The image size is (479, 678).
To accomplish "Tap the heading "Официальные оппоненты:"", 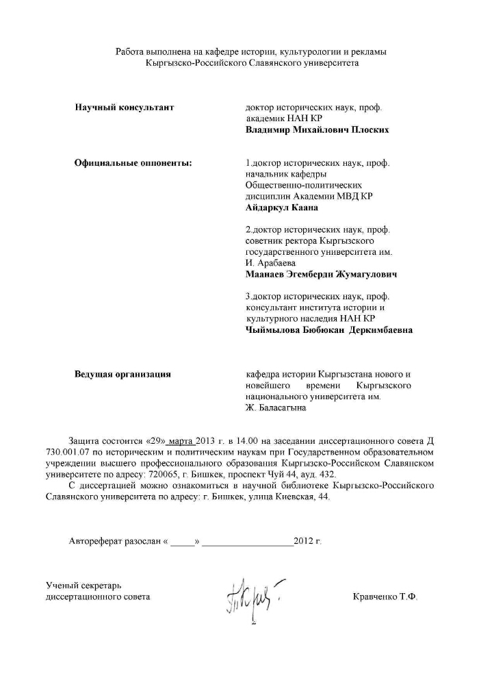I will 133,163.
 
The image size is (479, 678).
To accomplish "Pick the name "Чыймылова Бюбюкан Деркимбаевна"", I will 328,329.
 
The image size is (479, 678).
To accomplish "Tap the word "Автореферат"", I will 100,541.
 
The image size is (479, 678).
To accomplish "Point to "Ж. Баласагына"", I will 276,407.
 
